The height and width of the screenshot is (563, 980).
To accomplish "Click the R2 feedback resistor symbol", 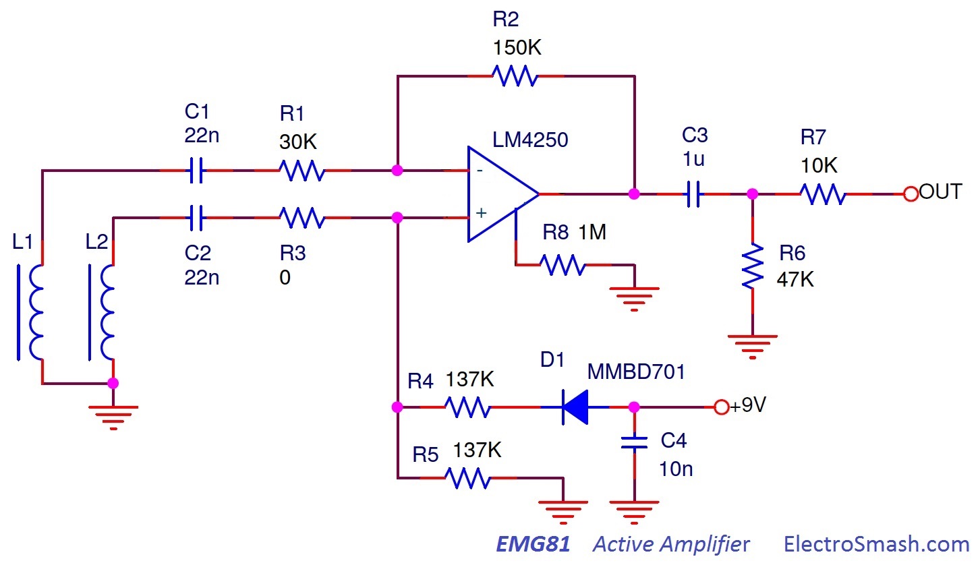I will coord(515,76).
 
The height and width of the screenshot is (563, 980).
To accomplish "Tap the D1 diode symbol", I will coord(575,407).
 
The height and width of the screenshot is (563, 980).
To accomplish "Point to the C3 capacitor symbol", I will coord(693,195).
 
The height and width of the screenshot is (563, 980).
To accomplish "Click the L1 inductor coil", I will coord(34,312).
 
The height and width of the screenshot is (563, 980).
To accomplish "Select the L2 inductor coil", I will coord(106,312).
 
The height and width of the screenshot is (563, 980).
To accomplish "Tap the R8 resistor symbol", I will coord(563,265).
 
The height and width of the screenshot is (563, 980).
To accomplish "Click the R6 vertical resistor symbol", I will coord(752,266).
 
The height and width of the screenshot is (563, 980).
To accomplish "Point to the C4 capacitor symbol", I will coord(634,443).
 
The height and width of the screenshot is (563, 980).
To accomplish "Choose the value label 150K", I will coord(517,49).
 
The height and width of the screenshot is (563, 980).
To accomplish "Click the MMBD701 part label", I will coord(636,372).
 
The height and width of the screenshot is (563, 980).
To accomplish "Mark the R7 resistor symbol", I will coord(822,194).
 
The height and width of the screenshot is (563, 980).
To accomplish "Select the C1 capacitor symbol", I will coord(195,171).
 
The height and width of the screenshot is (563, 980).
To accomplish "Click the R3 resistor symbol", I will coord(302,218).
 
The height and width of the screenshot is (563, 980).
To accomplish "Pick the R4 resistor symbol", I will coord(467,407).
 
